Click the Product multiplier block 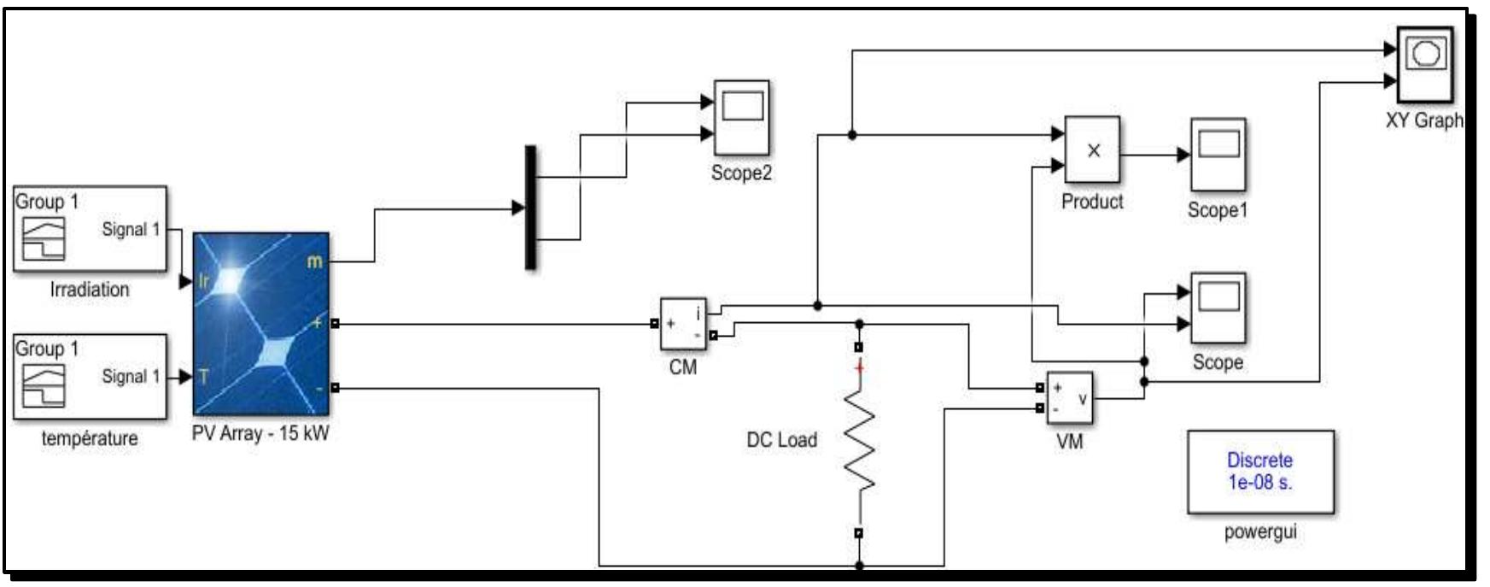pos(1092,150)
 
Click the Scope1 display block pos(1218,154)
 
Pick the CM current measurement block pos(683,324)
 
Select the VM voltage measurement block pos(1069,398)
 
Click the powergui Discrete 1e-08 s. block pos(1259,472)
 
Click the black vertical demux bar pos(530,208)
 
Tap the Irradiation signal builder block pos(90,229)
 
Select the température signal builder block pos(90,376)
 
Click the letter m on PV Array pos(314,261)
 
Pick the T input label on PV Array pos(203,376)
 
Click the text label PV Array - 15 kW pos(260,433)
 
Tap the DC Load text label pos(781,440)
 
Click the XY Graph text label pos(1423,120)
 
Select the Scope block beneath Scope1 pos(1218,308)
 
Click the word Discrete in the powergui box pos(1259,460)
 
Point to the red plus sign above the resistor pos(860,368)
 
